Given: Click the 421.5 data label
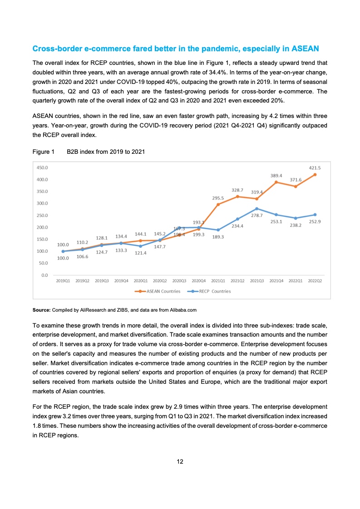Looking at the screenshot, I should [x=315, y=167].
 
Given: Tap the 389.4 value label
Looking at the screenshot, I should [x=276, y=175].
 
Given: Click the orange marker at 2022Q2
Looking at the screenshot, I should [x=315, y=175].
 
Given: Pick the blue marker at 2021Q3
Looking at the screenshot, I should [x=257, y=208].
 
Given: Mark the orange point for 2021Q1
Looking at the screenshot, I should [x=218, y=205].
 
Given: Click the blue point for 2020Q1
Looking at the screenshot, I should [x=141, y=246].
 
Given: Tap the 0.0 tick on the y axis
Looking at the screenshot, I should [x=44, y=275].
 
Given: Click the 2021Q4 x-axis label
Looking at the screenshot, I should [x=276, y=281].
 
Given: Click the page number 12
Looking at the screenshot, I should [x=180, y=462].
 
